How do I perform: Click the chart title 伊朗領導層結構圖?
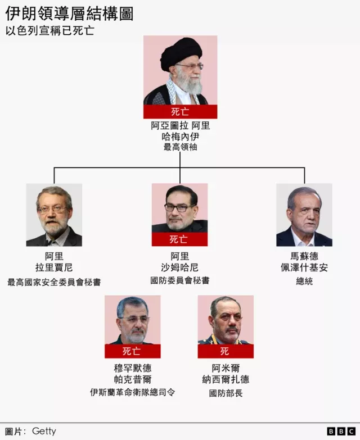(x=69, y=13)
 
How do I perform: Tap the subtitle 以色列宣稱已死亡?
(x=49, y=30)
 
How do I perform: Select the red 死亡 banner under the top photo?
(x=180, y=112)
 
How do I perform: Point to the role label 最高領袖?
(x=180, y=147)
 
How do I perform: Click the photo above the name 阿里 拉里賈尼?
(x=54, y=215)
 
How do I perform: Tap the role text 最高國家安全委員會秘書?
(x=54, y=282)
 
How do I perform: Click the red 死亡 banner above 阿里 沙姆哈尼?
(x=180, y=239)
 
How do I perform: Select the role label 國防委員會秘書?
(x=180, y=280)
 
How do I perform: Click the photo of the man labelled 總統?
(x=304, y=215)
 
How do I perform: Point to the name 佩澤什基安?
(x=304, y=267)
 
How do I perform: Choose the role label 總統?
(x=304, y=281)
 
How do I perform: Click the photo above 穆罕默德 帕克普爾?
(x=133, y=320)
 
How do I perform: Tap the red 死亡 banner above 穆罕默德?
(x=133, y=351)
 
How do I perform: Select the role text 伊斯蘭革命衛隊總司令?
(x=133, y=392)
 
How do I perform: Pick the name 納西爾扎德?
(x=226, y=379)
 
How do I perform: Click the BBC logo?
(x=341, y=431)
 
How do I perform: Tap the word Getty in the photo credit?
(x=44, y=431)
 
